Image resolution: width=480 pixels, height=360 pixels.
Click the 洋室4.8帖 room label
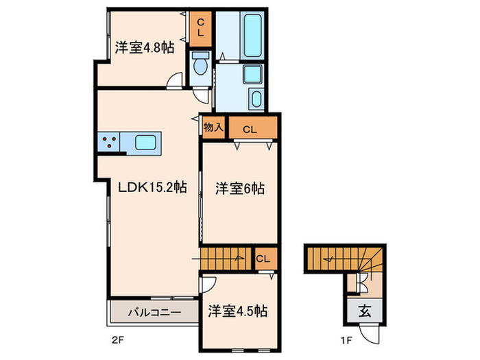point(145,48)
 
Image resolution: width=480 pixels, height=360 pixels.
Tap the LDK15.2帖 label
point(152,187)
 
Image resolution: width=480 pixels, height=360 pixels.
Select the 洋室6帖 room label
point(240,189)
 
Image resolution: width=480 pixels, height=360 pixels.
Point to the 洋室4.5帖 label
point(238,311)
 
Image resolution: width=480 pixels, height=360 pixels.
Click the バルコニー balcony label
point(154,313)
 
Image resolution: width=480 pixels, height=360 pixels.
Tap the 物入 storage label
point(214,126)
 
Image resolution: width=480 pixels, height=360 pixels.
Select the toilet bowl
point(200,64)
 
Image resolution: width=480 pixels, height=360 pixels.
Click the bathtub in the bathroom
point(253,35)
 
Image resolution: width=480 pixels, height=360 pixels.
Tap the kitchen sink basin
point(145,143)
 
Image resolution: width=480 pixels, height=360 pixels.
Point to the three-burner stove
point(109,142)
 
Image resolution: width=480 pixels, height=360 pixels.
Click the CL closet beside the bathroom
point(200,29)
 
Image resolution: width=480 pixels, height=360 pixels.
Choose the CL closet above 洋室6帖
point(253,128)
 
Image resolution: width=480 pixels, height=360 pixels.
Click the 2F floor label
point(117,340)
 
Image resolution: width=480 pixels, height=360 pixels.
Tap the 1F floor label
point(346,340)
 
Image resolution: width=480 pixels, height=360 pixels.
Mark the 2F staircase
point(226,259)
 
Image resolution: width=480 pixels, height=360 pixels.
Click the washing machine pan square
point(252,74)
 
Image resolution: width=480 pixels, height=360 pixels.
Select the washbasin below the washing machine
point(256,98)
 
